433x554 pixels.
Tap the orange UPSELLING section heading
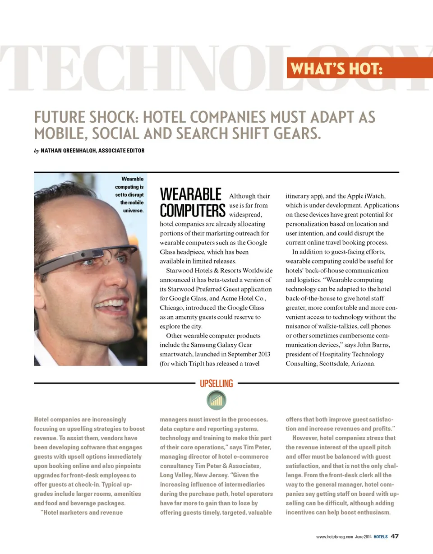[x=216, y=384]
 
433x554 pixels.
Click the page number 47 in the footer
[x=395, y=536]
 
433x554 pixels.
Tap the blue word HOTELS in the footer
[x=381, y=536]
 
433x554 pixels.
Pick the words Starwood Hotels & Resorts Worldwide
[x=219, y=271]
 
